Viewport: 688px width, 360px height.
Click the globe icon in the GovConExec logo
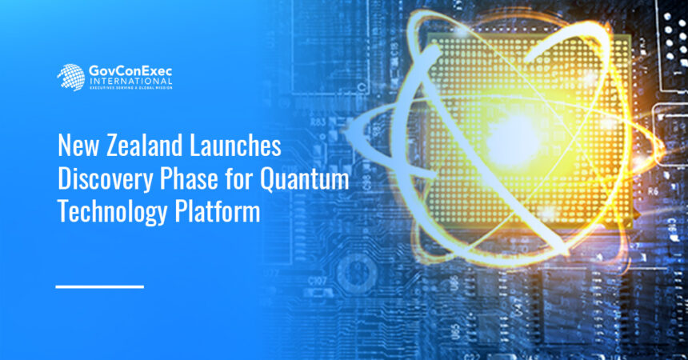point(70,77)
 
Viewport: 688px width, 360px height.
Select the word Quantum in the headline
point(304,181)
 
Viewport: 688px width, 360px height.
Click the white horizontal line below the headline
point(100,286)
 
